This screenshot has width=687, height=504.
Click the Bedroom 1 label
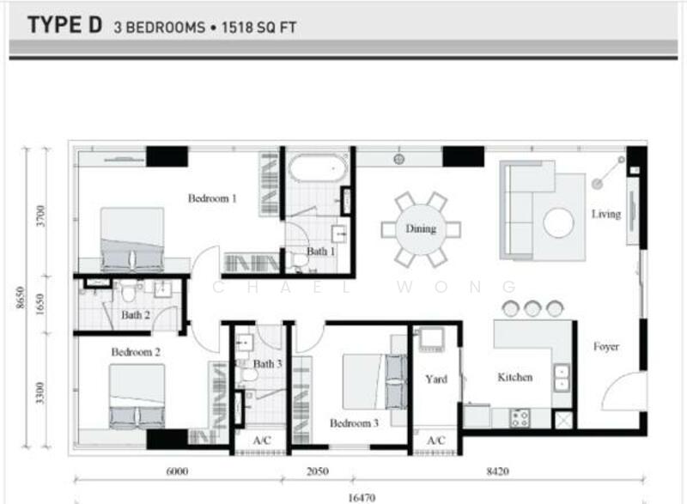click(212, 198)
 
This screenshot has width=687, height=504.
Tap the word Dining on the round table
click(421, 228)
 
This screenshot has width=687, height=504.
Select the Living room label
click(606, 214)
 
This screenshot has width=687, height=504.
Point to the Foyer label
click(606, 347)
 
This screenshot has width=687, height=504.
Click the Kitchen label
click(515, 377)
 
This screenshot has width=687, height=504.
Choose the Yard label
click(436, 380)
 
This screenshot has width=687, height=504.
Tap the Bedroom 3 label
click(354, 423)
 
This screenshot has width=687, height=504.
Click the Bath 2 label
click(136, 315)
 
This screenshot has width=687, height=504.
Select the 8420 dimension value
click(498, 471)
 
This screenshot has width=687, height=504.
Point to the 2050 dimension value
click(318, 471)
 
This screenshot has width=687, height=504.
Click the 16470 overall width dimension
click(362, 498)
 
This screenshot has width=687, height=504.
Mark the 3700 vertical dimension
click(40, 216)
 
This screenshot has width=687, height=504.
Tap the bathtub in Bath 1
click(318, 167)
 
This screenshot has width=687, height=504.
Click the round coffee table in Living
click(559, 223)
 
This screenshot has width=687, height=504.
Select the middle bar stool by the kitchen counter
click(532, 308)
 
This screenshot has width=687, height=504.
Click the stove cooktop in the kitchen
click(520, 417)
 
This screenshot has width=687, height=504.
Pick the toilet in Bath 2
click(128, 293)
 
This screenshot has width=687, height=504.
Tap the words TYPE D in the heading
click(65, 25)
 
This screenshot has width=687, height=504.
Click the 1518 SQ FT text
click(259, 27)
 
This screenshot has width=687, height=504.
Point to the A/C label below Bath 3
click(262, 440)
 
